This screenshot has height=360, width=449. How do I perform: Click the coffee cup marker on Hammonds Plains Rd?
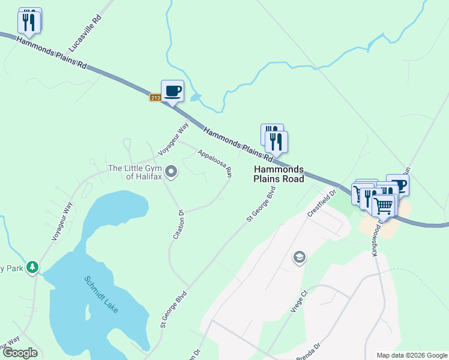pyautogui.click(x=172, y=91)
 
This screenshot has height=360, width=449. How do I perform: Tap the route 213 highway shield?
pyautogui.click(x=155, y=98)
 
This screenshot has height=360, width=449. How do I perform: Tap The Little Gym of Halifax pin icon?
pyautogui.click(x=171, y=173)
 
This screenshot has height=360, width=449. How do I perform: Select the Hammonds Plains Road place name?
pyautogui.click(x=279, y=174)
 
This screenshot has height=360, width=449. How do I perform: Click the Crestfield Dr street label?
pyautogui.click(x=319, y=205)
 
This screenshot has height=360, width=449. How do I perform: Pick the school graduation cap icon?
pyautogui.click(x=298, y=258)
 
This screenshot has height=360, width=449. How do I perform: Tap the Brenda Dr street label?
pyautogui.click(x=309, y=352)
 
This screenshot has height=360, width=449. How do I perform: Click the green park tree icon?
pyautogui.click(x=32, y=268)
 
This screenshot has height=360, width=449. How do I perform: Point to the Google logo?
pyautogui.click(x=20, y=353)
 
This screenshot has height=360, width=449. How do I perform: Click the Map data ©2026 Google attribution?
pyautogui.click(x=412, y=355)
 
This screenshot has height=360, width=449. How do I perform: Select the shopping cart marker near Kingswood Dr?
pyautogui.click(x=384, y=205)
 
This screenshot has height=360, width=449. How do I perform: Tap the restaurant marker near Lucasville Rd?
pyautogui.click(x=29, y=22)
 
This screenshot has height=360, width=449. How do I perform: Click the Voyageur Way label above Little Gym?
pyautogui.click(x=173, y=137)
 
